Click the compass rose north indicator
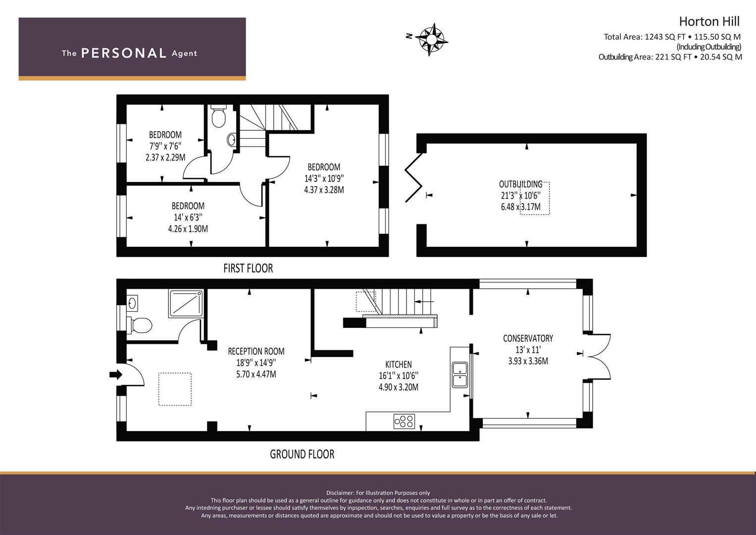click(409, 36)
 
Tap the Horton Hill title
click(709, 22)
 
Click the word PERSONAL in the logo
click(124, 53)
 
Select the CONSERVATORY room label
click(528, 338)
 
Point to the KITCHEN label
click(399, 365)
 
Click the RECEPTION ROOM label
click(256, 351)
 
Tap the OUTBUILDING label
click(521, 184)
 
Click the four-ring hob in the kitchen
click(404, 421)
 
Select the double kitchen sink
click(460, 374)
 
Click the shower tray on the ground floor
click(186, 303)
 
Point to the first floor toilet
click(219, 116)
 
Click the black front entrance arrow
click(116, 374)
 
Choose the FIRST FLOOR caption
click(248, 268)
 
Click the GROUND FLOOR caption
click(302, 454)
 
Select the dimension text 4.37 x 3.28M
click(324, 190)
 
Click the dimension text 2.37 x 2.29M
click(165, 158)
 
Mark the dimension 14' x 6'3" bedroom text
click(188, 217)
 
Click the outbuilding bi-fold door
click(414, 178)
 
